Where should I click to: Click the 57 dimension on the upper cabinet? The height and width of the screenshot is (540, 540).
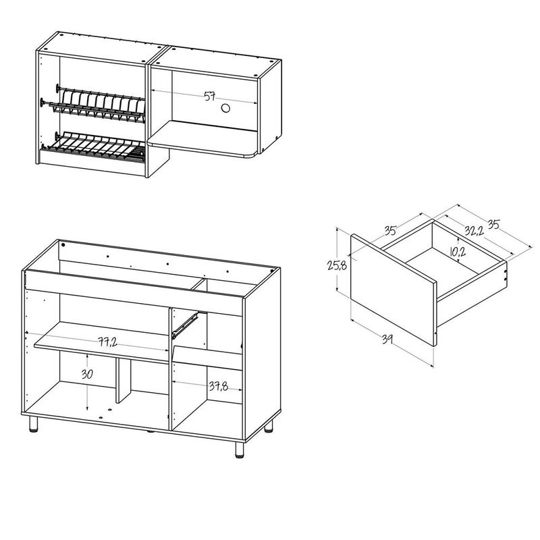[x=210, y=96]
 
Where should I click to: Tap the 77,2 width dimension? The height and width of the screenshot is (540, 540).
[x=107, y=342]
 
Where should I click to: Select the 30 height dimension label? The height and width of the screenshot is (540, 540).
[x=87, y=374]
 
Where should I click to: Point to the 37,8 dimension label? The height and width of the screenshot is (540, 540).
[x=218, y=386]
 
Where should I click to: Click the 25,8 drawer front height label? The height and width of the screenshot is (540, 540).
[x=337, y=266]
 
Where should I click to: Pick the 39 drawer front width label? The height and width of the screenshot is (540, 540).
[x=387, y=340]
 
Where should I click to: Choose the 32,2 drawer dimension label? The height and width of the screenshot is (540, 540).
[x=474, y=230]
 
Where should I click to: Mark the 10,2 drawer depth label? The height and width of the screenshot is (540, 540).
[x=458, y=252]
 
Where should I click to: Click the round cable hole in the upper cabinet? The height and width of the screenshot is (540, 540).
[x=225, y=109]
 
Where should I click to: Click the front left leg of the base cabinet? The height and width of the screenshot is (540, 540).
[x=33, y=424]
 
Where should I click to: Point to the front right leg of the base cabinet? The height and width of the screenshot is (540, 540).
[x=240, y=450]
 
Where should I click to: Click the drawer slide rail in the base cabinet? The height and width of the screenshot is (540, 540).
[x=185, y=325]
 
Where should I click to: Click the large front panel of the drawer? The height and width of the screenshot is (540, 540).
[x=394, y=290]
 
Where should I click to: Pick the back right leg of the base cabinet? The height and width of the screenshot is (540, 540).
[x=269, y=426]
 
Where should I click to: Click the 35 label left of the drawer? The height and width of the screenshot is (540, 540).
[x=390, y=230]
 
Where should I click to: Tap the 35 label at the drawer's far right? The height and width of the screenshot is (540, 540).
[x=493, y=224]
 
